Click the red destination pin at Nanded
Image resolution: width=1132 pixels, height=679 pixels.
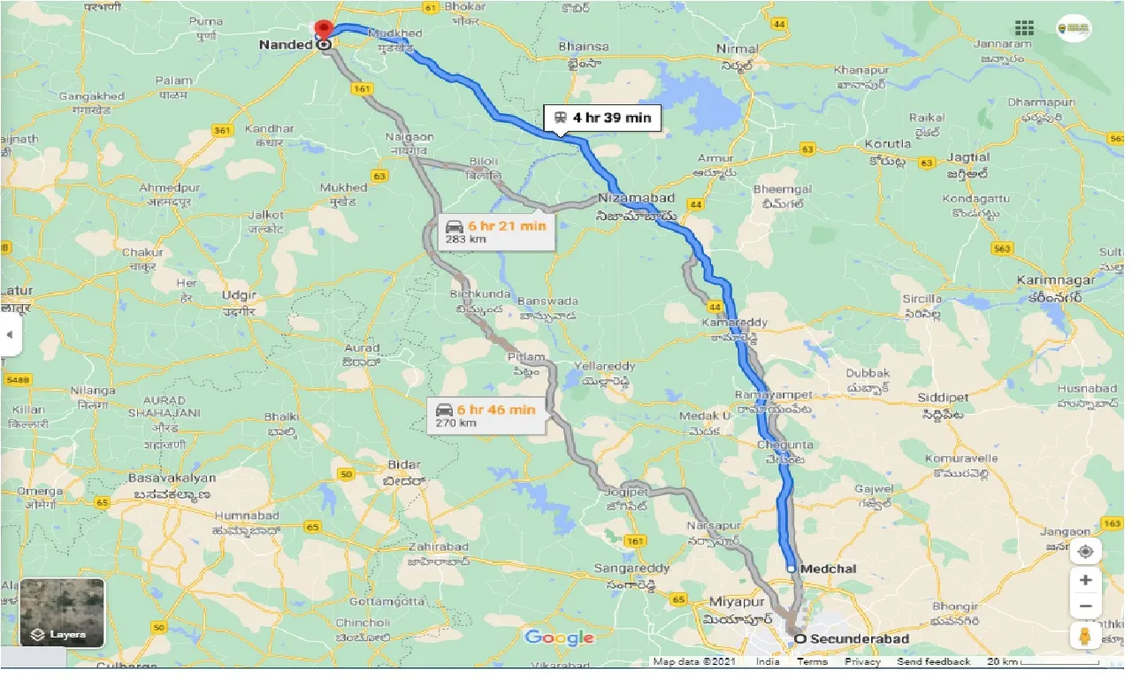[x=324, y=29]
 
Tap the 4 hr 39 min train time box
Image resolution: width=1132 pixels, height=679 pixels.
[x=602, y=118]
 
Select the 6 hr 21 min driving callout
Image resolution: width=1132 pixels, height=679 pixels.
[x=496, y=232]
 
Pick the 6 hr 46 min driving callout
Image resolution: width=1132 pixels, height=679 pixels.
[x=486, y=415]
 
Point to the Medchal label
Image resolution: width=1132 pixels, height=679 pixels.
[x=827, y=568]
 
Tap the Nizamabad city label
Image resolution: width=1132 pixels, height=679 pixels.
[x=637, y=198]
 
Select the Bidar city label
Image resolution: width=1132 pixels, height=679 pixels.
[x=403, y=465]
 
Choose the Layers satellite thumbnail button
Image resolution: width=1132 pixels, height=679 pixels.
[x=62, y=612]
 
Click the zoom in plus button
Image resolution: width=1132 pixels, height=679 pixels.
[x=1085, y=581]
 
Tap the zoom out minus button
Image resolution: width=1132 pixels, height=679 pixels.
[x=1085, y=607]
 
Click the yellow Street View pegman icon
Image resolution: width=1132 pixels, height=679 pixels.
[x=1085, y=636]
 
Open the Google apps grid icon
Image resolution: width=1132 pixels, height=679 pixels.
[x=1024, y=27]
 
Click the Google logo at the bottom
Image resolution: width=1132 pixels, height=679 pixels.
[x=559, y=638]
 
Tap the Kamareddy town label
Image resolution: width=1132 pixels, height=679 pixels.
[x=738, y=323]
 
